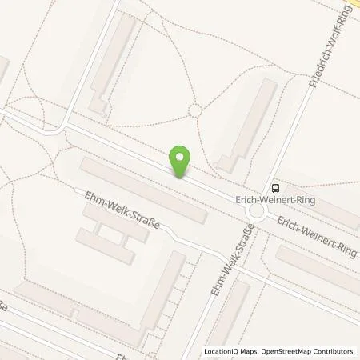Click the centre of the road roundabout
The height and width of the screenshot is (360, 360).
click(257, 211)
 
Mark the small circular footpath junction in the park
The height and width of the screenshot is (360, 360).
click(194, 111)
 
